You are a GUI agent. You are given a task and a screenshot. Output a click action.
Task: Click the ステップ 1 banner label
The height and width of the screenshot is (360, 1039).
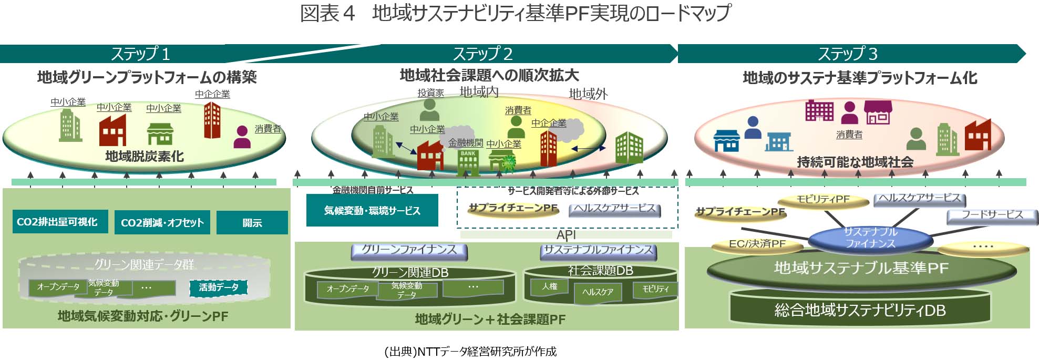(x=140, y=54)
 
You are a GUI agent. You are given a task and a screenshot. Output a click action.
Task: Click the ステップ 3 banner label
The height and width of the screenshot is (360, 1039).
(x=847, y=54)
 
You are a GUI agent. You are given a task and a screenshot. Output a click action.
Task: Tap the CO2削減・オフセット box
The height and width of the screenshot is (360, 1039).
(x=162, y=222)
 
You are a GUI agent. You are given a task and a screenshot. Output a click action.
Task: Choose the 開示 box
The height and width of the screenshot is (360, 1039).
(x=252, y=222)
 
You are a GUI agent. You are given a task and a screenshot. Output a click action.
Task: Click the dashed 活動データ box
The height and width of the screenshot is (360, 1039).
(x=219, y=287)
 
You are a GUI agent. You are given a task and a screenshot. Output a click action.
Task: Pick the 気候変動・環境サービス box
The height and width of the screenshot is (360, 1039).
(x=372, y=210)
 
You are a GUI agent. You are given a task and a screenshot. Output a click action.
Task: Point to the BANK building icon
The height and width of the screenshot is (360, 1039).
(x=468, y=162)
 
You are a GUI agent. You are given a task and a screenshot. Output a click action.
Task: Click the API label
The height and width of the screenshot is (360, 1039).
(x=566, y=234)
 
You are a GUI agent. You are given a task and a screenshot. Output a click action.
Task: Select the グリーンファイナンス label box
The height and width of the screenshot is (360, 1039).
(x=409, y=250)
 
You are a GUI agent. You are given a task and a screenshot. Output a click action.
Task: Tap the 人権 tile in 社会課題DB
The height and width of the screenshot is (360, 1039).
(x=550, y=286)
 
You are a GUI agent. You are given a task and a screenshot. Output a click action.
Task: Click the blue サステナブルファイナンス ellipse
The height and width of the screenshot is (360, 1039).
(x=870, y=238)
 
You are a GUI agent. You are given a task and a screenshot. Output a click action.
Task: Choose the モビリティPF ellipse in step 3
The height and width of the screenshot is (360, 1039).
(x=823, y=200)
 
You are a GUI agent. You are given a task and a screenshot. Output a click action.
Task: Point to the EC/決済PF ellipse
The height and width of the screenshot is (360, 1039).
(x=757, y=244)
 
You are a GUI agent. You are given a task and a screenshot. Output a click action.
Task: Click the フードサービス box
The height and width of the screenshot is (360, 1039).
(x=992, y=215)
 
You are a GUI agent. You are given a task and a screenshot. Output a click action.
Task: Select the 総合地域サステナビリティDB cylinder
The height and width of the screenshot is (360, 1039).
(x=860, y=310)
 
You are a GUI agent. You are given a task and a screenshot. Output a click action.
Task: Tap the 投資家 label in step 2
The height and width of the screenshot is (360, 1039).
(x=431, y=93)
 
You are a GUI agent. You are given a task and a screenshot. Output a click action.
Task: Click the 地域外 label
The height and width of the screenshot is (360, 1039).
(x=588, y=94)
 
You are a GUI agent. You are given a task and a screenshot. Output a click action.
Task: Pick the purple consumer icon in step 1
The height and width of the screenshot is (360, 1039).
(x=242, y=137)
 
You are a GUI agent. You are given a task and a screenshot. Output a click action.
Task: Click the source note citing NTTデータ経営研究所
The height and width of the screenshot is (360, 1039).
(x=470, y=351)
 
